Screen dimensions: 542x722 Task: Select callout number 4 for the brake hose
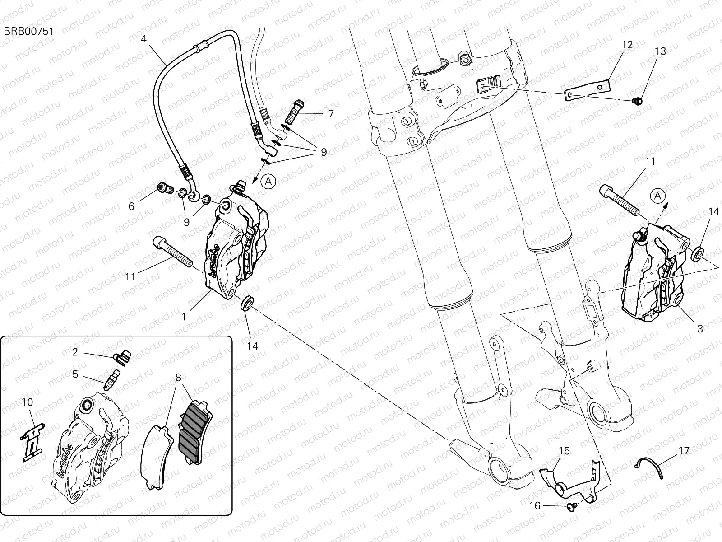[143, 39]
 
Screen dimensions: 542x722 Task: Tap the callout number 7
[331, 113]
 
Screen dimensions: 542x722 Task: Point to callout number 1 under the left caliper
[184, 317]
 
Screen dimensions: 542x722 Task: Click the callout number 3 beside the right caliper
[700, 329]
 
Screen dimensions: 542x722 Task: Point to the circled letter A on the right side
[657, 196]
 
